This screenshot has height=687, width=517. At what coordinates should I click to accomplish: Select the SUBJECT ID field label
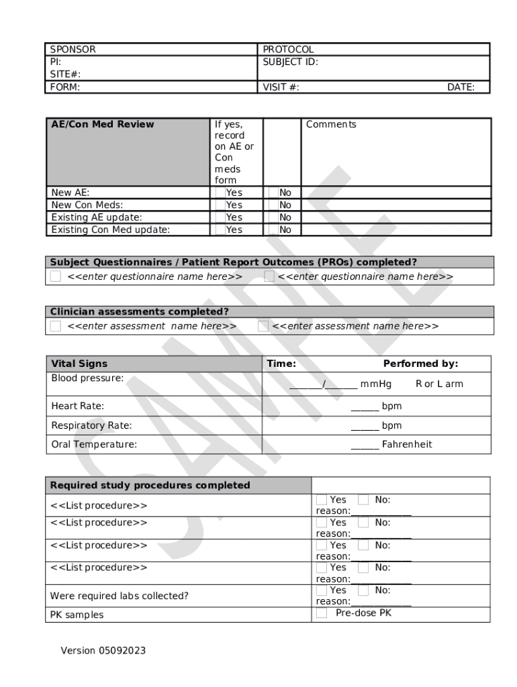pos(290,62)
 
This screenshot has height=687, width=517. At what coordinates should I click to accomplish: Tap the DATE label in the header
pos(461,87)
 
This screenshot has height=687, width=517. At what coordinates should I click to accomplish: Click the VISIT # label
pos(281,87)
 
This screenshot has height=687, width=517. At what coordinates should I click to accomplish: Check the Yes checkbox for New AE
pos(220,193)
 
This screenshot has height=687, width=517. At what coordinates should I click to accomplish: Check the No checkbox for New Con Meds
pos(273,205)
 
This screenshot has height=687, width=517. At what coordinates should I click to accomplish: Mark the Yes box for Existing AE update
pos(220,217)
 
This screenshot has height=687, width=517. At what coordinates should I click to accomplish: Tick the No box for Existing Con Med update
pos(273,229)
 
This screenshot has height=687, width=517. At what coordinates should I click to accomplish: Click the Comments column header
pos(331,124)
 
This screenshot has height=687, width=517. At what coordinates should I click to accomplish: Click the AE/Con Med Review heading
pos(103,124)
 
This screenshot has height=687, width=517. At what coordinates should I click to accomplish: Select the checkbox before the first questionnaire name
pos(56,276)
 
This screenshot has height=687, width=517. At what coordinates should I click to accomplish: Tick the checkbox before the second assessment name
pos(263,326)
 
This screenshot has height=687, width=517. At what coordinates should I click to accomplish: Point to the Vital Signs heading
pos(79,364)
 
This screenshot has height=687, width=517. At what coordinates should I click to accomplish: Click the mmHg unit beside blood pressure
pos(376,384)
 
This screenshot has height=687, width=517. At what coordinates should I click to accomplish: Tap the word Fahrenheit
pos(407,444)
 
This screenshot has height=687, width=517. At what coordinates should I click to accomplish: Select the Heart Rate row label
pos(78,406)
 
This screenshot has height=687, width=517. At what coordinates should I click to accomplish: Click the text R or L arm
pos(439,384)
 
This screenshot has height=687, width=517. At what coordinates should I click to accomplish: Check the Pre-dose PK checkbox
pos(322,613)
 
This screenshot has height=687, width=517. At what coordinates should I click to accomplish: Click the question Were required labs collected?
pos(120,596)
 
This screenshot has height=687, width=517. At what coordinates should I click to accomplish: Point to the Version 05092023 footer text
pos(103,651)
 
